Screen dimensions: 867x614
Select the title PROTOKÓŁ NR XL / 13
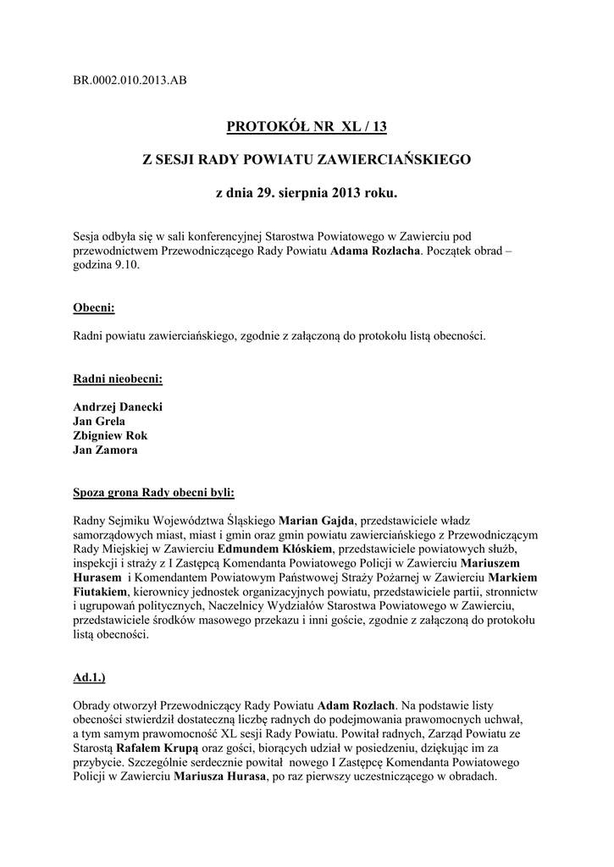click(307, 128)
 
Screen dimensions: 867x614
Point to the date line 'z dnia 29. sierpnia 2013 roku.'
click(307, 194)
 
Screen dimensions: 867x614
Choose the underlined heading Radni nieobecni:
click(118, 378)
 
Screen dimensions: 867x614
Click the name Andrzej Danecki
click(118, 407)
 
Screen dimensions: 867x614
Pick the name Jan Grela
click(101, 422)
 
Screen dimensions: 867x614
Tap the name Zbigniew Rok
click(110, 436)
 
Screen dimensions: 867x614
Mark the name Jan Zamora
click(105, 450)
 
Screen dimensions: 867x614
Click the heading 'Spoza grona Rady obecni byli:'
click(154, 493)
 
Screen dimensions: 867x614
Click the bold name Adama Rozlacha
click(375, 251)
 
